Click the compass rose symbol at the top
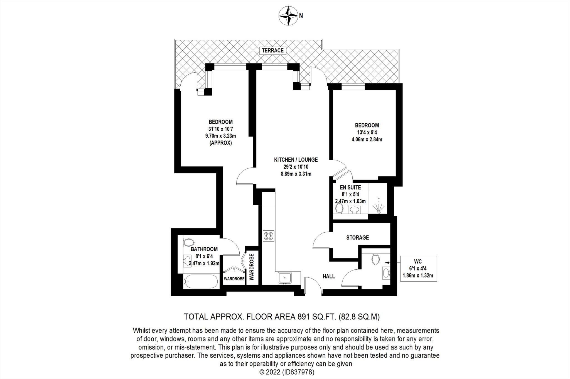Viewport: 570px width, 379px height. click(288, 16)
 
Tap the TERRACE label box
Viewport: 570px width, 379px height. click(273, 50)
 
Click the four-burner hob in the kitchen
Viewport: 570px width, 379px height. click(269, 236)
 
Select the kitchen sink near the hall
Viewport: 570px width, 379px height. click(284, 278)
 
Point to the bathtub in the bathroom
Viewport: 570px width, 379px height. click(201, 282)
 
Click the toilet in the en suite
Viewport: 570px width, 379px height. click(339, 208)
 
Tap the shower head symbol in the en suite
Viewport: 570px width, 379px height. click(379, 207)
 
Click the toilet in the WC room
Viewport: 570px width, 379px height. click(375, 259)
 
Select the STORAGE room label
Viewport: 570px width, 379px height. click(357, 238)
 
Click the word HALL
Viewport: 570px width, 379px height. click(329, 276)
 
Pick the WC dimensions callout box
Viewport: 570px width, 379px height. click(418, 269)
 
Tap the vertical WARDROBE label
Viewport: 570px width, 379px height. click(252, 266)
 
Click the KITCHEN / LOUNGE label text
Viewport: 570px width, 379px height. click(296, 160)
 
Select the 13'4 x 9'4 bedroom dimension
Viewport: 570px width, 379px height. click(367, 132)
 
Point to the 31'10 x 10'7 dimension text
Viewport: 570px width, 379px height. click(220, 129)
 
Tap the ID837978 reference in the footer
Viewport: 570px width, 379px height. click(299, 372)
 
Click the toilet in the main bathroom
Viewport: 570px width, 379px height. click(188, 242)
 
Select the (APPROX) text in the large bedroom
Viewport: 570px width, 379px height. click(220, 143)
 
